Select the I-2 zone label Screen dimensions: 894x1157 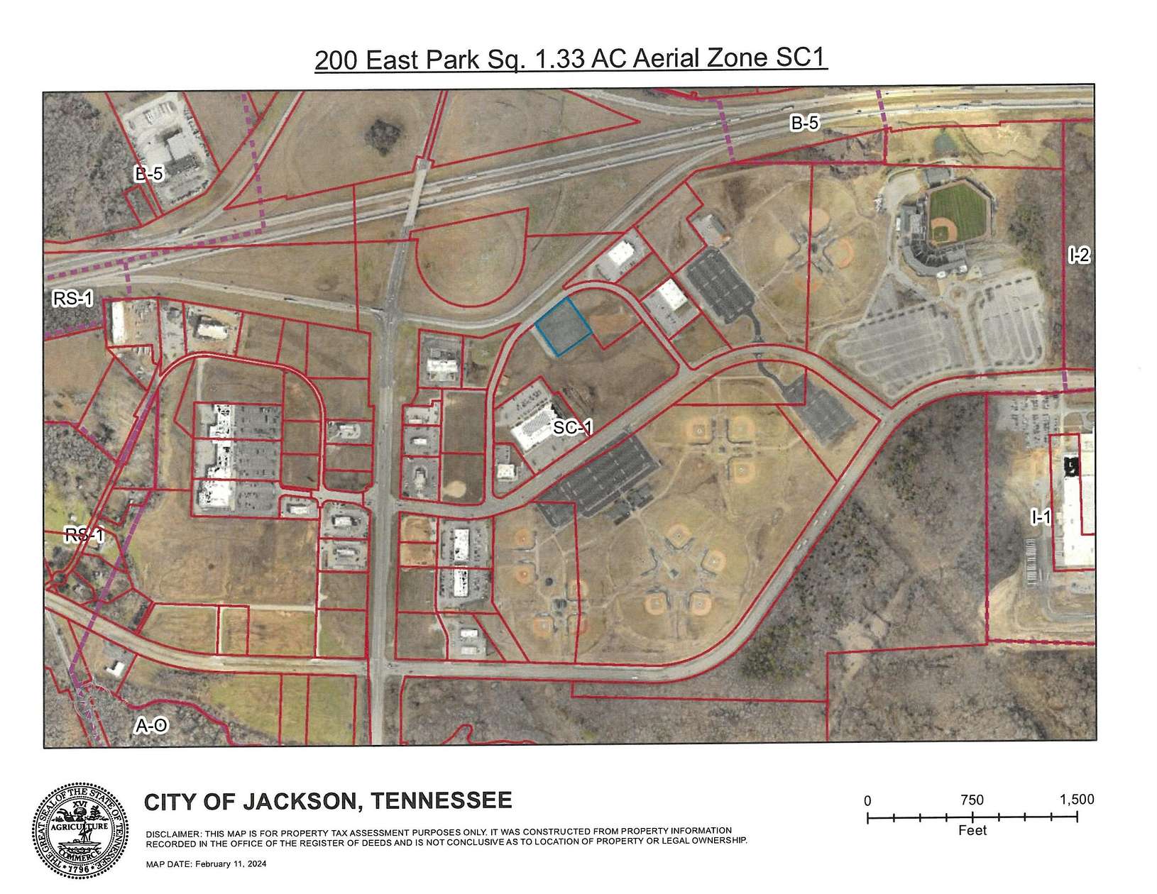(x=1078, y=255)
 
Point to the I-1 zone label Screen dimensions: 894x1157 (x=1041, y=518)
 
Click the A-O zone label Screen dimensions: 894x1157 (x=151, y=726)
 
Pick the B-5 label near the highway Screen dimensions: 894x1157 (x=805, y=123)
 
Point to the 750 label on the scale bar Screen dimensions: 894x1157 (x=972, y=800)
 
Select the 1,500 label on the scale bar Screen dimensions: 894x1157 (x=1076, y=799)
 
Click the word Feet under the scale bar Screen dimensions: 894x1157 (x=972, y=830)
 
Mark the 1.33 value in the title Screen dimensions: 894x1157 (x=563, y=60)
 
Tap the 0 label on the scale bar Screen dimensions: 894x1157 (x=867, y=800)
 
